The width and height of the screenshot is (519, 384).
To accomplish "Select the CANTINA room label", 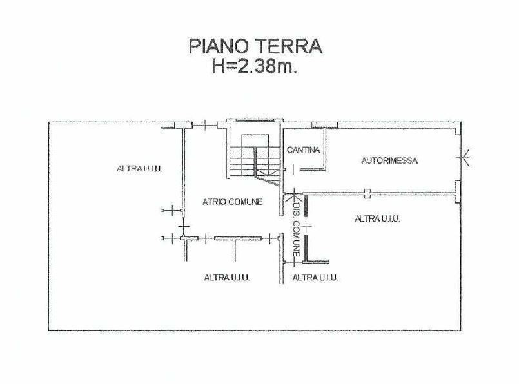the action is tap(303, 150).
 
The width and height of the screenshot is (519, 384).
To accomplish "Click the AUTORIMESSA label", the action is tap(389, 160).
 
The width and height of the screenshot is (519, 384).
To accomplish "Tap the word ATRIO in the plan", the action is tap(214, 202).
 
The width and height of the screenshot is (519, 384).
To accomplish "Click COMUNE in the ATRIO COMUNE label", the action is tap(246, 202).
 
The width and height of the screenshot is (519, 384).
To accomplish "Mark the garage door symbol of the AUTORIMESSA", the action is tap(464, 158).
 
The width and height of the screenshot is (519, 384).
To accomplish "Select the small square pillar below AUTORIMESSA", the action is tap(367, 193).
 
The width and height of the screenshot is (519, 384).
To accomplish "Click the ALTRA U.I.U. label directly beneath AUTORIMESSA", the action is tap(377, 218).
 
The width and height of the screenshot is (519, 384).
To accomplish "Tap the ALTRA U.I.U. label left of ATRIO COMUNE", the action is tap(140, 169).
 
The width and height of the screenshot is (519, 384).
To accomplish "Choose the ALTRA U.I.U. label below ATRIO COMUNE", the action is tap(227, 278).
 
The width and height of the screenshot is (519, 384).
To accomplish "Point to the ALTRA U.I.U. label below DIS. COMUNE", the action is tap(315, 278).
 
